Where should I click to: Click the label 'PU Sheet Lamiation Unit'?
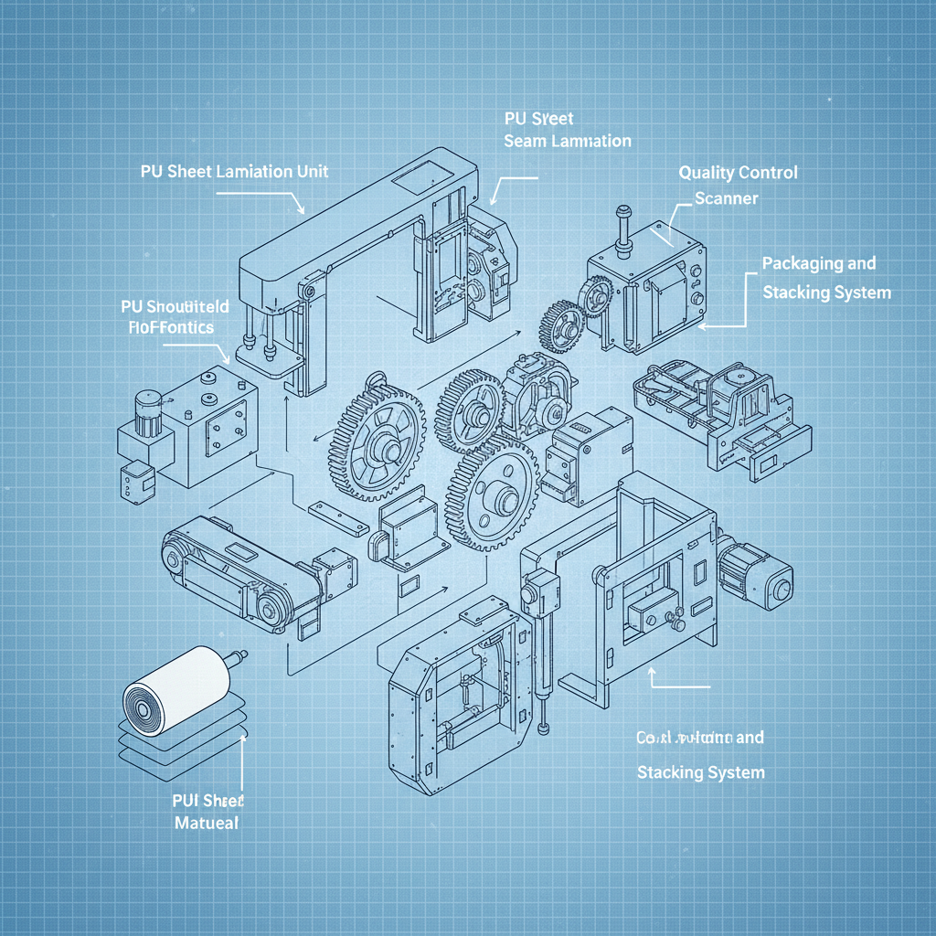point(235,172)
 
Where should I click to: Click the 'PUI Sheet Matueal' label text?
point(207,811)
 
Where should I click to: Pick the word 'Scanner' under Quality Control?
point(726,197)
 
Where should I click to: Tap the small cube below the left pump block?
point(137,479)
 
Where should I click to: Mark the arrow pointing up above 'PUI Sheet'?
point(241,763)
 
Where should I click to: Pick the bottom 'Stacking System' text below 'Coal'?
point(699,772)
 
